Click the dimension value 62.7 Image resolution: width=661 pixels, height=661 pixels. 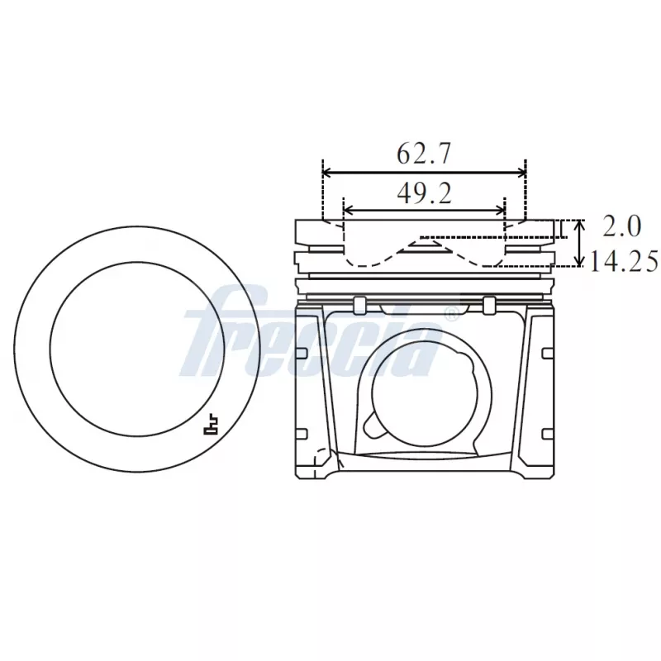coord(424,154)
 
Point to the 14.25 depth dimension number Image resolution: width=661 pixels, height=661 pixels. coord(624,262)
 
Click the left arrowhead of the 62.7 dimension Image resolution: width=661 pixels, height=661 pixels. coord(326,173)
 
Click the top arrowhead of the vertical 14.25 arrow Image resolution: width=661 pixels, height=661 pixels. coord(581,224)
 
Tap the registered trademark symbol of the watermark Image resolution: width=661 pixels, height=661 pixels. coord(451,314)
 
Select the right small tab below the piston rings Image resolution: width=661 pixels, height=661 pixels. coord(489,305)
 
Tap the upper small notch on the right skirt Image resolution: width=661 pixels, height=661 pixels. coord(546,354)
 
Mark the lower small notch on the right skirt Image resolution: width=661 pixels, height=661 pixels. coord(546,433)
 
